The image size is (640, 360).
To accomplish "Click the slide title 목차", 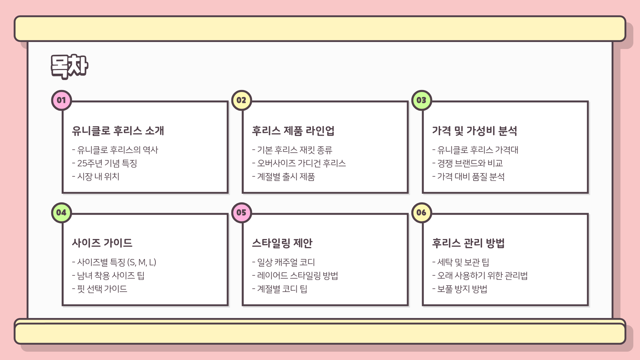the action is click(69, 66).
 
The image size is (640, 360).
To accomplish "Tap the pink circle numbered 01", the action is click(61, 100).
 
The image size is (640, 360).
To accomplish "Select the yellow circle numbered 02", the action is click(241, 100).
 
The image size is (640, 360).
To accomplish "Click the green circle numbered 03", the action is click(421, 100).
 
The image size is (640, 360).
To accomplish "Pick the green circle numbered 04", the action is click(61, 212).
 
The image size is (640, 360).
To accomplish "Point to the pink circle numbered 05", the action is click(241, 212).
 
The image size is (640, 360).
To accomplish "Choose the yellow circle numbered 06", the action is click(421, 212).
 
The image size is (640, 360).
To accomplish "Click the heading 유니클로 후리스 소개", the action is click(118, 131).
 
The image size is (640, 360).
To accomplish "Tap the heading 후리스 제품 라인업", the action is click(293, 131).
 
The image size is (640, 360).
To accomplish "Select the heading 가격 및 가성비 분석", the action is click(474, 131).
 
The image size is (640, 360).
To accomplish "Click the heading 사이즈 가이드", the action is click(102, 243).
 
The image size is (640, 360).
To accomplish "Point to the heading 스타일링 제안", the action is click(282, 243).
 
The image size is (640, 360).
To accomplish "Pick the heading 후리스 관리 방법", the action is click(468, 243).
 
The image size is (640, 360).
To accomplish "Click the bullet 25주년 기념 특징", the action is click(107, 163).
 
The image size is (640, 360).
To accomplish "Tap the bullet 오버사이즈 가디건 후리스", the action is click(301, 163).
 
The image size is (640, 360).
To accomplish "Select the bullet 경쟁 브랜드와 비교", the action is click(470, 163).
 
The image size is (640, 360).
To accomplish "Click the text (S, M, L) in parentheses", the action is click(142, 262).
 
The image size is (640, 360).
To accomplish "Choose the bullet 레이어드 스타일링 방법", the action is click(297, 276).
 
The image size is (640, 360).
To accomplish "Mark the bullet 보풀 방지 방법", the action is click(462, 289).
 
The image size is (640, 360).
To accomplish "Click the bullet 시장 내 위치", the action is click(98, 177).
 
